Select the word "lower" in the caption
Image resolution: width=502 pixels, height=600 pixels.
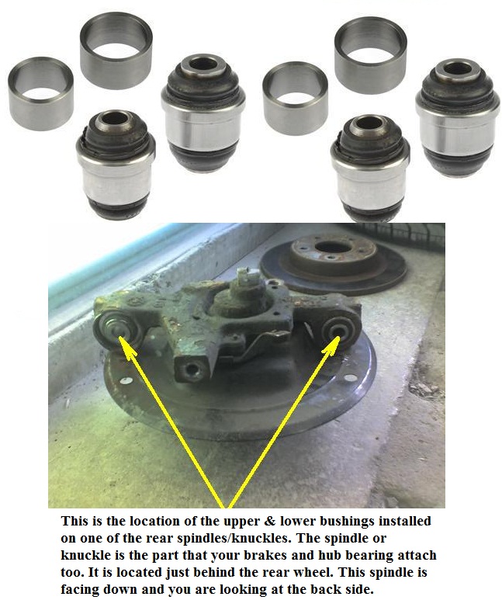(310, 522)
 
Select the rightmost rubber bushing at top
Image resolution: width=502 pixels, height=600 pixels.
(457, 116)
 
